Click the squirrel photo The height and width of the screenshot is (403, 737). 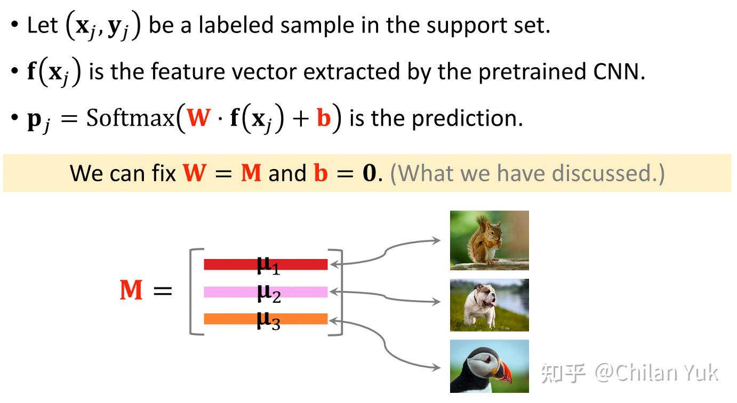489,240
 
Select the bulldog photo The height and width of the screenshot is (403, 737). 489,305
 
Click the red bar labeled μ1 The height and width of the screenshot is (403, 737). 266,264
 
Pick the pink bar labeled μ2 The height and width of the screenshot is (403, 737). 266,292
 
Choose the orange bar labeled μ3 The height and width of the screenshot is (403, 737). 266,319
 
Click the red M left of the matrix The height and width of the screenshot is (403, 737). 131,290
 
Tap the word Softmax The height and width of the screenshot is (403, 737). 130,118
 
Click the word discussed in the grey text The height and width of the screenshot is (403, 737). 602,173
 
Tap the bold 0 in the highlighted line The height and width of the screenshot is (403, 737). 369,173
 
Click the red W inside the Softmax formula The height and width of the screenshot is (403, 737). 198,117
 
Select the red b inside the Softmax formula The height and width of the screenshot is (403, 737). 324,117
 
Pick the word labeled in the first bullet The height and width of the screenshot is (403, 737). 236,25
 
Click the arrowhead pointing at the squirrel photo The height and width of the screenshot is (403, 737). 436,240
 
